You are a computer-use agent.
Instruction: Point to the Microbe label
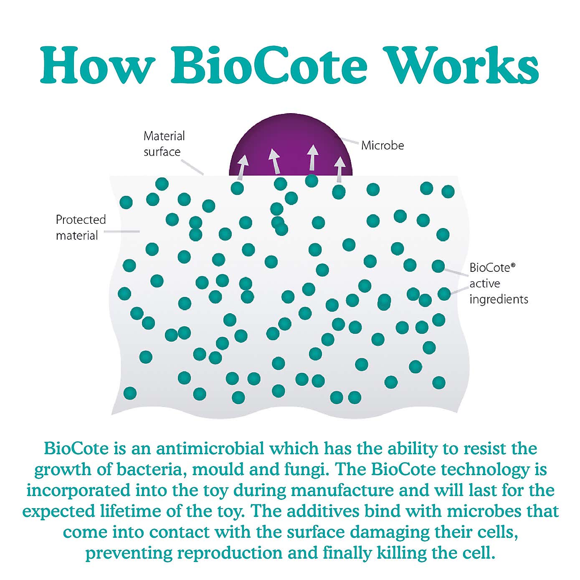(x=382, y=145)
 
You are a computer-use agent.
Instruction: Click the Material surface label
(x=164, y=144)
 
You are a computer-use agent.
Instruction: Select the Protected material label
(x=81, y=228)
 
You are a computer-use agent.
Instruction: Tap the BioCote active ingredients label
(x=498, y=284)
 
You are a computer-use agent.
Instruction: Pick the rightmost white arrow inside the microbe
(x=340, y=168)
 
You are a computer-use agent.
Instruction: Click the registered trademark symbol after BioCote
(x=513, y=265)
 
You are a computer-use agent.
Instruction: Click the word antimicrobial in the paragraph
(x=210, y=449)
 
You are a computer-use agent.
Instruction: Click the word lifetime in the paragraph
(x=118, y=511)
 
